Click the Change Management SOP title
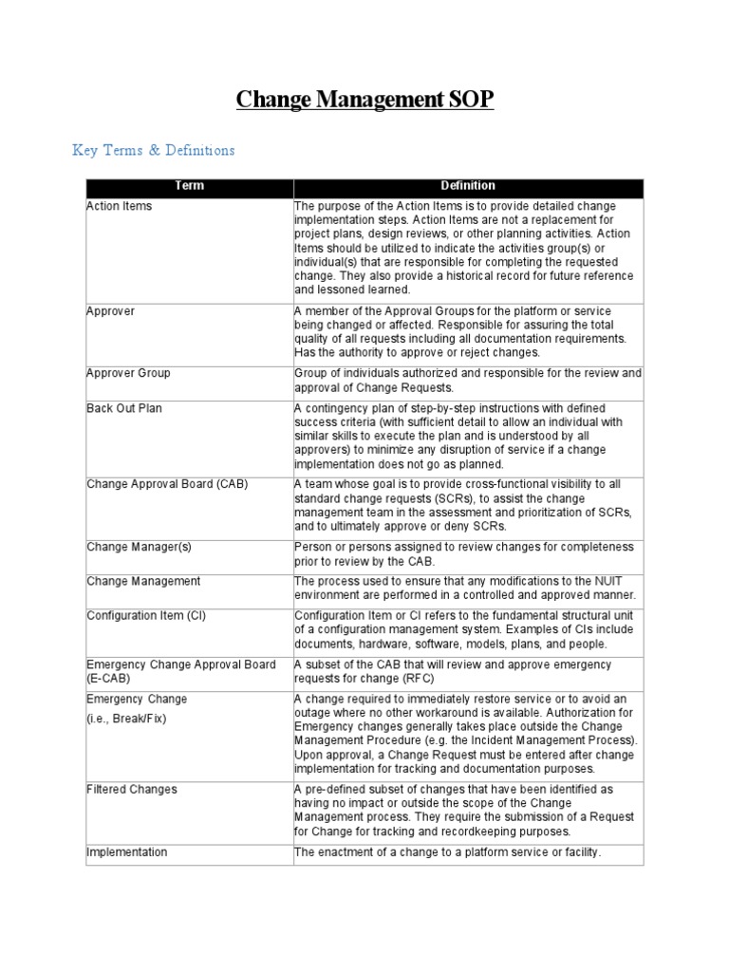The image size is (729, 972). click(x=364, y=100)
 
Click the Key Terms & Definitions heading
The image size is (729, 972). click(x=154, y=150)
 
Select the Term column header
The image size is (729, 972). click(x=189, y=186)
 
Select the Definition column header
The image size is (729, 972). click(x=468, y=186)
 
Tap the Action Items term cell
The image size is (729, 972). click(x=119, y=206)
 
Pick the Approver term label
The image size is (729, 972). click(x=110, y=311)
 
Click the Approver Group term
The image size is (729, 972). click(x=128, y=373)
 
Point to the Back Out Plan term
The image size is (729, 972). click(x=125, y=407)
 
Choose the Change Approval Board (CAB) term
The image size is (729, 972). click(x=166, y=484)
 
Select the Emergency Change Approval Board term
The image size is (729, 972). click(x=180, y=664)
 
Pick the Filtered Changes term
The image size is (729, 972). click(x=131, y=789)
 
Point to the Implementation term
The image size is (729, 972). click(x=126, y=851)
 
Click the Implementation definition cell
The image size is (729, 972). click(x=448, y=851)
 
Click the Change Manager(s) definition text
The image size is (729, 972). click(x=463, y=553)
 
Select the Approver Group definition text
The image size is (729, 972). click(x=468, y=380)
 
